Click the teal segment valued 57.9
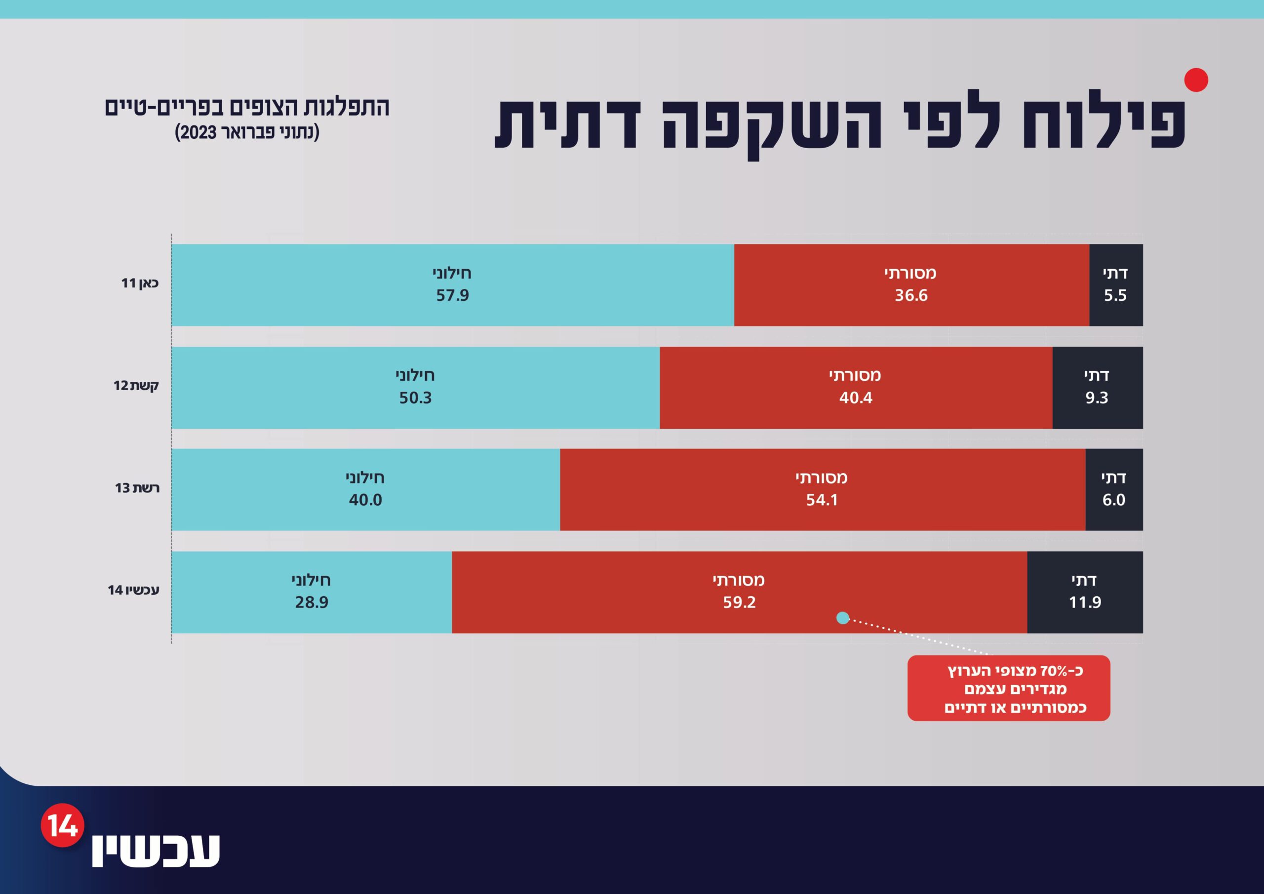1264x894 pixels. (x=453, y=285)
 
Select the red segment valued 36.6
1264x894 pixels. (x=911, y=285)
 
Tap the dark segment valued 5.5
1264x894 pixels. (x=1116, y=285)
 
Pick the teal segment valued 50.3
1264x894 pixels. (x=416, y=387)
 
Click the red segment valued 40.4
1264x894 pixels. (x=856, y=387)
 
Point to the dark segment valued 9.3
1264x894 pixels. (x=1098, y=387)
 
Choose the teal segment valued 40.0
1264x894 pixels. (x=365, y=489)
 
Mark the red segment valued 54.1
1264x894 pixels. (x=823, y=489)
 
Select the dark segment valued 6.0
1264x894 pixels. (x=1114, y=489)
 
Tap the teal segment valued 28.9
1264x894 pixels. (x=312, y=592)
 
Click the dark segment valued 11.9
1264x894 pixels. (x=1085, y=592)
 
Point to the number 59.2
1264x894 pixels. (x=739, y=602)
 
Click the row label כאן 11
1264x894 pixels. (x=140, y=283)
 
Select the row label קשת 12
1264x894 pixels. (x=136, y=385)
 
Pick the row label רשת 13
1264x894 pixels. (x=137, y=488)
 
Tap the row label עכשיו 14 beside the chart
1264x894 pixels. (x=133, y=590)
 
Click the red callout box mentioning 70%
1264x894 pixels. (x=1009, y=688)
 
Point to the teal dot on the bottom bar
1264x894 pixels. (x=843, y=618)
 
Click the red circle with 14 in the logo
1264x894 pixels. (x=63, y=825)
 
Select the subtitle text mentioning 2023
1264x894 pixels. (x=247, y=133)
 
